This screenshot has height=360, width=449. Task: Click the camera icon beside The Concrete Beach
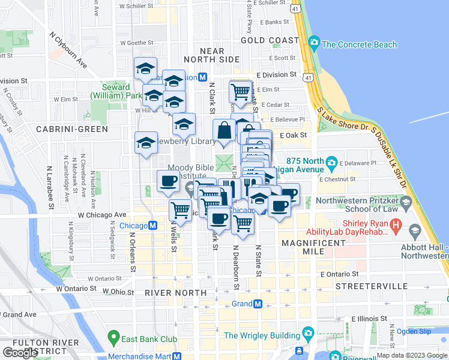point(313,44)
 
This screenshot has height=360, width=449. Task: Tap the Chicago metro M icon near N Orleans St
point(153,226)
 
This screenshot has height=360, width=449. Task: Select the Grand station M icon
point(258,304)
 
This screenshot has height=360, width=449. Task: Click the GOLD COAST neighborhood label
point(270,40)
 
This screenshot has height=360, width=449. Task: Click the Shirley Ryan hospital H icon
point(396,226)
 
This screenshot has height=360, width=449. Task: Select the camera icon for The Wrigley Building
point(308,332)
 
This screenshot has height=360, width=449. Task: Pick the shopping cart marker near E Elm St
point(240,92)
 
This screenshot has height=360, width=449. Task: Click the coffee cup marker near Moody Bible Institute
point(168,181)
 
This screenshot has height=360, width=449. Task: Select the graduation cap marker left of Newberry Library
point(146,142)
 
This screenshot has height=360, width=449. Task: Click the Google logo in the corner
point(20,353)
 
